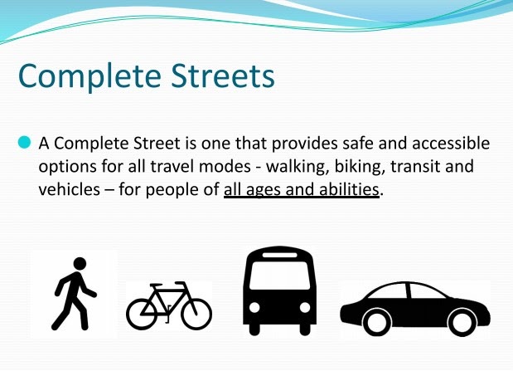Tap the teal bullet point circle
pos(24,143)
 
